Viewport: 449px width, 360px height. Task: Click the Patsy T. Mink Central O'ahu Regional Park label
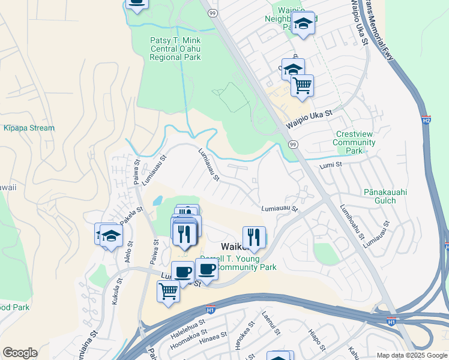175,49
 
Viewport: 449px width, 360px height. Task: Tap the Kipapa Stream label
29,128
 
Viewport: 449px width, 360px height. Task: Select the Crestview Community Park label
355,143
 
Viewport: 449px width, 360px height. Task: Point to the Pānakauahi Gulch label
388,197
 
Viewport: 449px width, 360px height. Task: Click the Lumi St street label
330,164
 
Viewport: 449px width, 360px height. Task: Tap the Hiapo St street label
316,339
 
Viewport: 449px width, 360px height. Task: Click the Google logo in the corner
20,353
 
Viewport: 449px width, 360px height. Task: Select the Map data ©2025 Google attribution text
411,355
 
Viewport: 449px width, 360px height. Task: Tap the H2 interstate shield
426,120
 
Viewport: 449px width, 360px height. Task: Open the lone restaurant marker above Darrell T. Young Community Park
254,238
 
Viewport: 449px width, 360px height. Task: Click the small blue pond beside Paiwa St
157,202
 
